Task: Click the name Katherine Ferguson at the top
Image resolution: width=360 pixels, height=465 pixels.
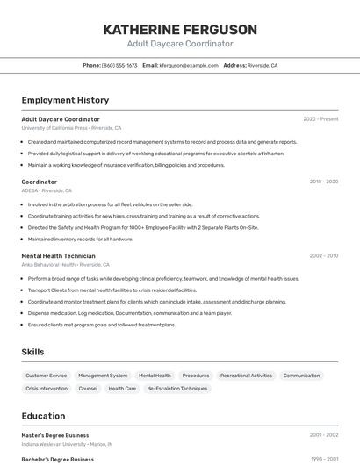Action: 180,30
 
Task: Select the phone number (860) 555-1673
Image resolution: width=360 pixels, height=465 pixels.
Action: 119,65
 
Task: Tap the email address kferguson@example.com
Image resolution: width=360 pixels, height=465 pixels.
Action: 188,65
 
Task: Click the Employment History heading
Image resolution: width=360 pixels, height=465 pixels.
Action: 65,100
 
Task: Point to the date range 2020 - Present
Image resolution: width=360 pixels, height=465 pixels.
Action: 320,119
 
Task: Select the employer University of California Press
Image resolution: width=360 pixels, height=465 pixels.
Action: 54,128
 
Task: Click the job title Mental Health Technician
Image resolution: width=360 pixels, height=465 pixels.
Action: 58,256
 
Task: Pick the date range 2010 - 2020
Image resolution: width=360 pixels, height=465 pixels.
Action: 323,182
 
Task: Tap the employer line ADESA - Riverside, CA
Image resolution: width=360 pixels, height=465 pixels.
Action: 47,190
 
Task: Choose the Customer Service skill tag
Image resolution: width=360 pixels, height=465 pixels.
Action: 47,376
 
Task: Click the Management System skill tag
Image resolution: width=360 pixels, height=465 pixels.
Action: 103,376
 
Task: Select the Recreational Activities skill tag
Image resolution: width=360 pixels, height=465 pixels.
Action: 246,376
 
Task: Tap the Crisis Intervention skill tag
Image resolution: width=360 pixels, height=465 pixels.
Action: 47,388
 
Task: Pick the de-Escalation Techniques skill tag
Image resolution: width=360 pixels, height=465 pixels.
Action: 177,388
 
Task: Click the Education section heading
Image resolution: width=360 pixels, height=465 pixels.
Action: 43,416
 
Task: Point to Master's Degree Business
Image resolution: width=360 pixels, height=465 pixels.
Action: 55,434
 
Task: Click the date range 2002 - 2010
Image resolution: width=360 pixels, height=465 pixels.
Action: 323,256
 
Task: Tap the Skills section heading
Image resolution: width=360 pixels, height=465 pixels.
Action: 32,352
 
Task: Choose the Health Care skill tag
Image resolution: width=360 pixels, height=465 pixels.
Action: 122,388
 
